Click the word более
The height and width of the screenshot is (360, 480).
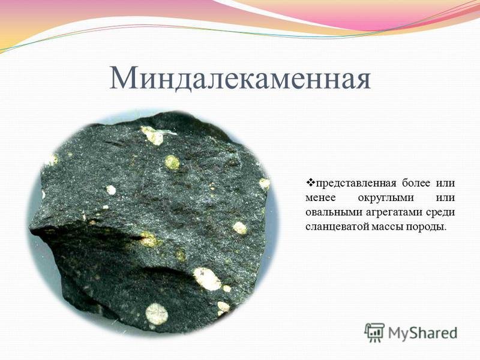click(410, 182)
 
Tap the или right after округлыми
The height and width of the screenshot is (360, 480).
click(445, 197)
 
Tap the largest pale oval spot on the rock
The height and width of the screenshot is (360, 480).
click(206, 278)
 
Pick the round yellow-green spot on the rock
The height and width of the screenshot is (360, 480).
click(172, 162)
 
